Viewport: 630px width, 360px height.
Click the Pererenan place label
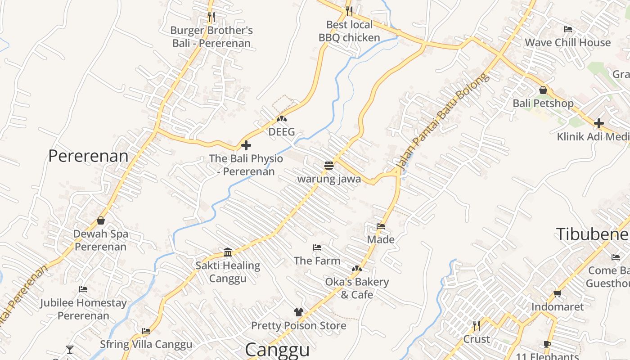point(88,156)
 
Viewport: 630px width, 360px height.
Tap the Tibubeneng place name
point(592,234)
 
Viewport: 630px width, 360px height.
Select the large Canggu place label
point(277,350)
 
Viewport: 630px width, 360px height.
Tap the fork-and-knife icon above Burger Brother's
point(211,17)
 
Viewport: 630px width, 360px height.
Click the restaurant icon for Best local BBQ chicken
point(349,11)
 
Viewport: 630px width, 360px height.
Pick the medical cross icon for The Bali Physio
point(246,145)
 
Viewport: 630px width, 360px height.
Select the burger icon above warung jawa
point(328,166)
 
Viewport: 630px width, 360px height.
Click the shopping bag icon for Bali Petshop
point(543,90)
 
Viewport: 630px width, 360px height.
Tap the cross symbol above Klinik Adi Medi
point(598,123)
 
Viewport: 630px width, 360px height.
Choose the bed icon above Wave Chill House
point(568,29)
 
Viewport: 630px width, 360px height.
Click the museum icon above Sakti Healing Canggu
point(228,252)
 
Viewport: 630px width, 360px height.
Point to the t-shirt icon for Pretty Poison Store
point(298,312)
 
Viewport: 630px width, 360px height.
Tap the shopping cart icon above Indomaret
point(557,293)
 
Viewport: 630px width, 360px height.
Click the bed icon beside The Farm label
point(317,247)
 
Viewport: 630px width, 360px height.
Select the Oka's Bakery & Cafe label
point(357,288)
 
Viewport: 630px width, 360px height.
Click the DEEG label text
point(282,132)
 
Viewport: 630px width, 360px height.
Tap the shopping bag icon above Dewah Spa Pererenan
point(101,220)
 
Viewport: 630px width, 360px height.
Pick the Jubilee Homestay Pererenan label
point(83,309)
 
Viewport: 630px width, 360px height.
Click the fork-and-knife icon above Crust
point(476,325)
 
